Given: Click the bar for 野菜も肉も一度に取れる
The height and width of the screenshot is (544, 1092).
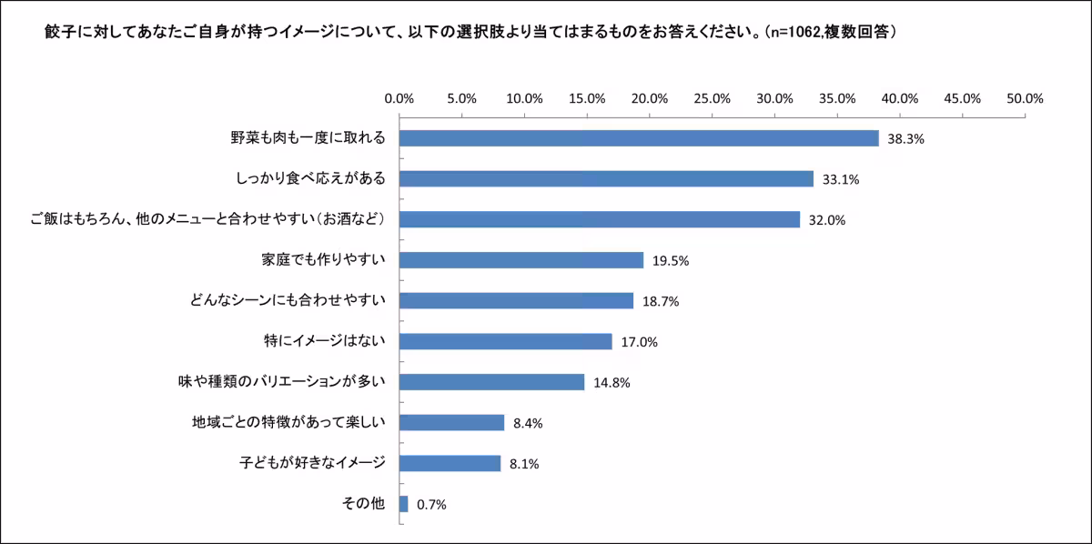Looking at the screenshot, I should [x=639, y=138].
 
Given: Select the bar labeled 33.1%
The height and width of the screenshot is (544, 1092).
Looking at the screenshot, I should [x=606, y=179].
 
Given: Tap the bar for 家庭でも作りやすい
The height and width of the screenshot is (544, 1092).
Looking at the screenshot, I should [x=521, y=260].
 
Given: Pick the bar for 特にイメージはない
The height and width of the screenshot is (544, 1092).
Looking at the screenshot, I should [x=506, y=341].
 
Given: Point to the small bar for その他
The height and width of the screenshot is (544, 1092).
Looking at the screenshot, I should [x=404, y=503].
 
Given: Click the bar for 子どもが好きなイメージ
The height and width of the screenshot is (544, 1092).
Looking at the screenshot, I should [x=450, y=463].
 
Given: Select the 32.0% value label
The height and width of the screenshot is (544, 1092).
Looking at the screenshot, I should [x=824, y=220].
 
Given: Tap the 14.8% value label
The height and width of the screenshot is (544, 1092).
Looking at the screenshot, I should [x=610, y=382].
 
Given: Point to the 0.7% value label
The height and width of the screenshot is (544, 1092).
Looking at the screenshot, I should [x=431, y=504].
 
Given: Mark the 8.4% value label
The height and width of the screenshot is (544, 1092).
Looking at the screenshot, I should [x=529, y=423].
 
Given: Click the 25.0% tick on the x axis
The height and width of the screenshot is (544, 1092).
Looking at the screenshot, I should [x=713, y=98].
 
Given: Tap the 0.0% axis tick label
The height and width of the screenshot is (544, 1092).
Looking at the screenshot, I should [x=399, y=98].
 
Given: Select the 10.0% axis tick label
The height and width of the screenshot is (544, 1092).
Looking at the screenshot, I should [x=525, y=98].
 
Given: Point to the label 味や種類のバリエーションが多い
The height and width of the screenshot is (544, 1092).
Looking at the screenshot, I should [x=282, y=382].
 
